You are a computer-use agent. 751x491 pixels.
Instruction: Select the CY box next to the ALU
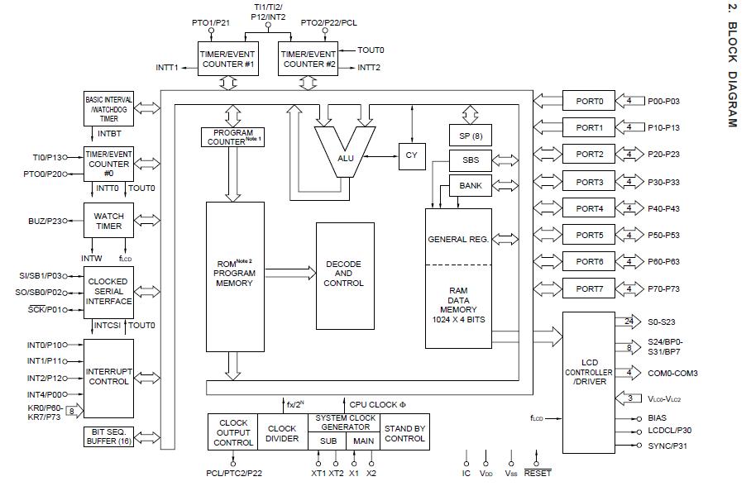click(x=411, y=155)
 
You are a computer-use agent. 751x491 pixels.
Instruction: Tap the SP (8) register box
click(x=470, y=136)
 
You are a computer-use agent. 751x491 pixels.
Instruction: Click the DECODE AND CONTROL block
click(x=343, y=273)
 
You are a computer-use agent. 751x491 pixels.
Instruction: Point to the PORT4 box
click(x=590, y=208)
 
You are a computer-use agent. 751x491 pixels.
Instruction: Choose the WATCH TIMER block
click(x=108, y=222)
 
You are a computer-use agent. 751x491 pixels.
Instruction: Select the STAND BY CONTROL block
click(x=404, y=433)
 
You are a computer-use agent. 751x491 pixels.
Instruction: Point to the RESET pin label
click(x=538, y=474)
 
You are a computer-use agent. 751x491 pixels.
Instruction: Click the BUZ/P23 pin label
click(x=45, y=221)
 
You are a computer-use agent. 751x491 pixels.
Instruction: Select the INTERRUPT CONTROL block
click(x=108, y=377)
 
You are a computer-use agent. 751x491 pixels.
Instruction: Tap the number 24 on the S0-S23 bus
click(x=629, y=321)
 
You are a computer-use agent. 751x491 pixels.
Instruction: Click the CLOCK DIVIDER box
click(x=282, y=433)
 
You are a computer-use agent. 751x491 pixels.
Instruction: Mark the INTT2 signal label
click(x=369, y=67)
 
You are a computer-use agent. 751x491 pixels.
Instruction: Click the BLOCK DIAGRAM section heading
click(x=731, y=66)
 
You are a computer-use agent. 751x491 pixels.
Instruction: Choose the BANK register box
click(x=470, y=186)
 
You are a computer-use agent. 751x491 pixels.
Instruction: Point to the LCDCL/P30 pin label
click(x=670, y=431)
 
